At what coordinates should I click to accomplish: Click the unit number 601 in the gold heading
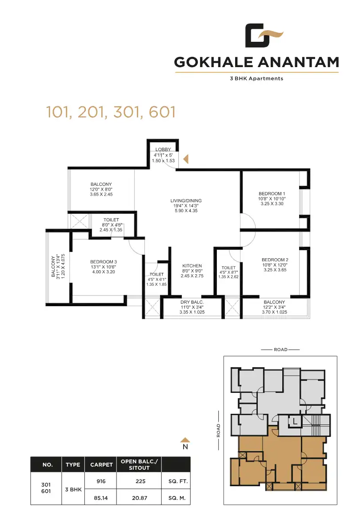(162, 112)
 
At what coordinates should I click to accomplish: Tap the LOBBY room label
(163, 149)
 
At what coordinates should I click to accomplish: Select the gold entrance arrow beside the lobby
(186, 159)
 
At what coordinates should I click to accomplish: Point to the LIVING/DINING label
(186, 201)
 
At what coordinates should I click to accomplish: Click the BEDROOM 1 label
(272, 194)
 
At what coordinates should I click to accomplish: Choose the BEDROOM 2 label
(275, 260)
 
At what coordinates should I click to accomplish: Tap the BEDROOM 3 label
(104, 262)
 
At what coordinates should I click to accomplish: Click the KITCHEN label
(192, 266)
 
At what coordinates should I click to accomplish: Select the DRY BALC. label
(192, 302)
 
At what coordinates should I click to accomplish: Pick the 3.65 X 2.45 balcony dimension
(101, 194)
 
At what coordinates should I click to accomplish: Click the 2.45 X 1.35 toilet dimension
(111, 230)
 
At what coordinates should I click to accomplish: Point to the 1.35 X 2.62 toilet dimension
(228, 277)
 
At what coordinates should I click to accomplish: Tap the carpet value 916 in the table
(101, 481)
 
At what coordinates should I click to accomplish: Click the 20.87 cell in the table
(140, 498)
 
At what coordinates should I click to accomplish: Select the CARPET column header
(101, 465)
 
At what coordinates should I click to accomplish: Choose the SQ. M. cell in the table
(177, 498)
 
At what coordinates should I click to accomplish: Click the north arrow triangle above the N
(185, 440)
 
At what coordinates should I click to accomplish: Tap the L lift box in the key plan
(295, 421)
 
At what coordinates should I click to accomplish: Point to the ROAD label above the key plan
(280, 349)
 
